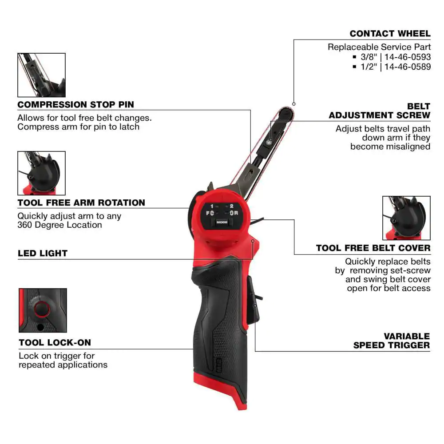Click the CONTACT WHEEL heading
pyautogui.click(x=390, y=34)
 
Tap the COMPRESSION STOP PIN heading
pyautogui.click(x=75, y=105)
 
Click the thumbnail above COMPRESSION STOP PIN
pyautogui.click(x=41, y=75)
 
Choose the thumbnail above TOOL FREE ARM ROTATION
pyautogui.click(x=41, y=173)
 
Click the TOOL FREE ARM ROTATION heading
pyautogui.click(x=81, y=203)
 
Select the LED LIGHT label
pyautogui.click(x=43, y=254)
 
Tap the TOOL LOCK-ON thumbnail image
pyautogui.click(x=43, y=310)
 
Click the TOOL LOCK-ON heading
pyautogui.click(x=55, y=343)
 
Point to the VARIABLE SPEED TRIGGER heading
pyautogui.click(x=392, y=341)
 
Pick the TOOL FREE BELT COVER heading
pyautogui.click(x=373, y=248)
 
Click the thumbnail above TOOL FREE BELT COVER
pyautogui.click(x=406, y=218)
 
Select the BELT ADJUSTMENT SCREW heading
pyautogui.click(x=380, y=111)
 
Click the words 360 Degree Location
pyautogui.click(x=59, y=225)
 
